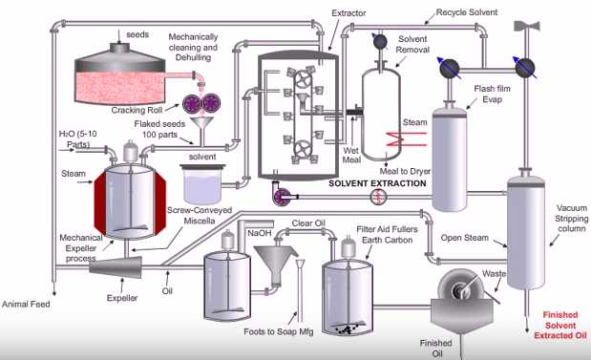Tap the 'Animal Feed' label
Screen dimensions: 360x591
(29, 307)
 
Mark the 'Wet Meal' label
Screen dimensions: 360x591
(351, 154)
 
